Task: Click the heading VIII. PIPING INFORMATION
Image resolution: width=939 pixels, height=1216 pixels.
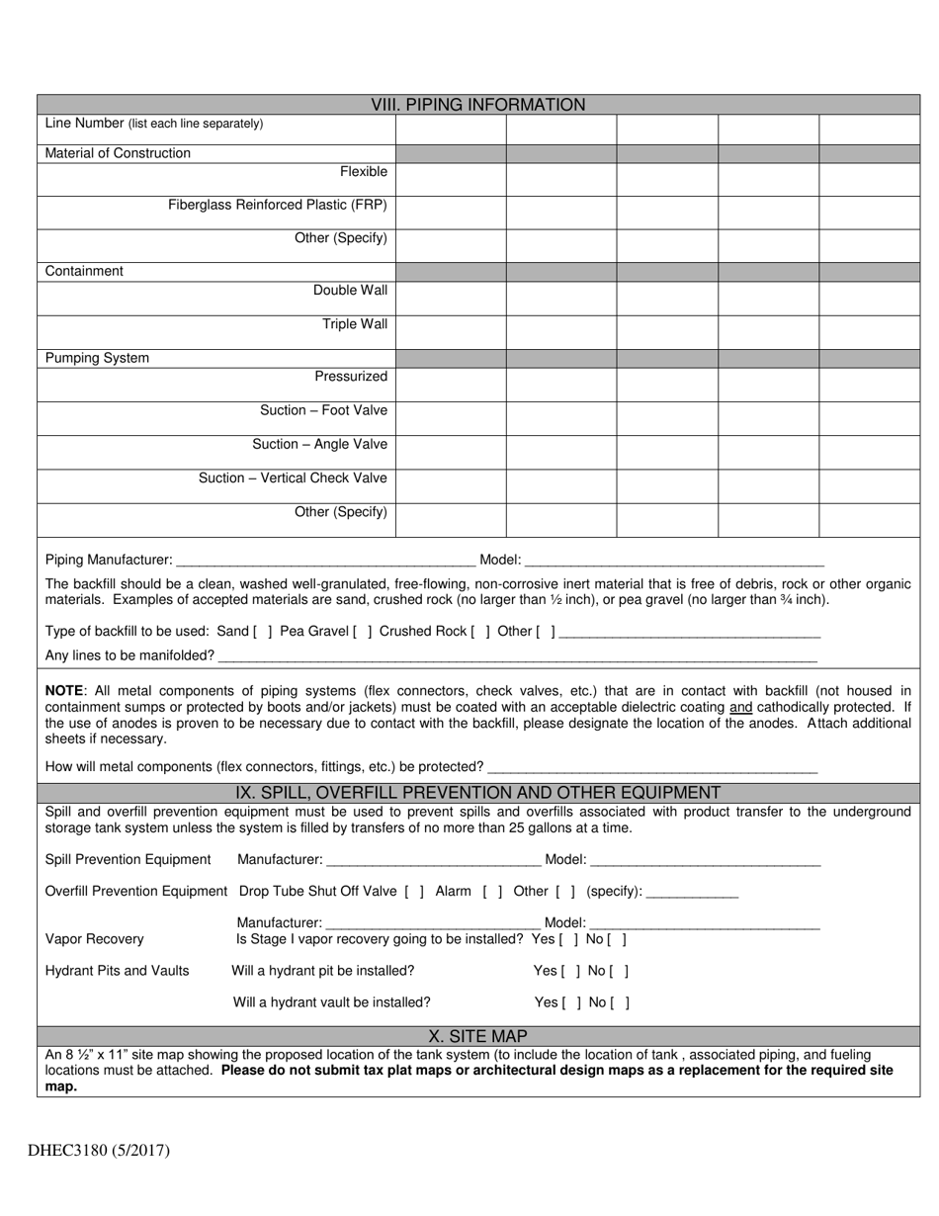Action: [x=477, y=105]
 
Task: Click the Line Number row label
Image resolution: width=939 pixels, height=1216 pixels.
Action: [x=154, y=124]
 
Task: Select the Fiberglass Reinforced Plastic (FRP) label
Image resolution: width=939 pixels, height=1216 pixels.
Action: [x=278, y=206]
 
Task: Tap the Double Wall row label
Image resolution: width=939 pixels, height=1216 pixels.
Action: [x=350, y=291]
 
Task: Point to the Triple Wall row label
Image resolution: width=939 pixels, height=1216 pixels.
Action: [x=355, y=324]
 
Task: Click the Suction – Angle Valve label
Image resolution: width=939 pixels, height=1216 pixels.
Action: [x=319, y=444]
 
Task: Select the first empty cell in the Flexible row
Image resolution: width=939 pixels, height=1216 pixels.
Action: [x=451, y=179]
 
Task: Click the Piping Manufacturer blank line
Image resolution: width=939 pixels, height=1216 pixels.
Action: [x=325, y=561]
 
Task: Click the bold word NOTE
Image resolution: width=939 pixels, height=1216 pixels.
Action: [x=65, y=691]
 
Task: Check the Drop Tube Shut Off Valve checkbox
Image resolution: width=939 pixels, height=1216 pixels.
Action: [x=414, y=892]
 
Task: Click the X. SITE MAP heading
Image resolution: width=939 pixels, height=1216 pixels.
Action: [x=477, y=1036]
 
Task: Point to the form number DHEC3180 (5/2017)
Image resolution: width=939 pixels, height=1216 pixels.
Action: [x=99, y=1151]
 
